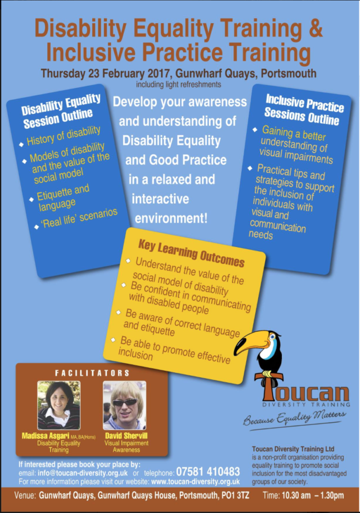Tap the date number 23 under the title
94,73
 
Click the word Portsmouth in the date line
289,73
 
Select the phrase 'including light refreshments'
178,84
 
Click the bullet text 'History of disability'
64,135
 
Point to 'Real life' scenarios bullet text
79,218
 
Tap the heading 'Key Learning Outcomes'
192,253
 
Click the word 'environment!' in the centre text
171,218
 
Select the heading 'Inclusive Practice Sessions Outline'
304,110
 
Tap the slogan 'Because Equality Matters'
294,418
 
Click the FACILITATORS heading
92,373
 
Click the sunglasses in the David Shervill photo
125,403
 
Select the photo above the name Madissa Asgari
59,405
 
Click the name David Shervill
126,436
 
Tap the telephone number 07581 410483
208,471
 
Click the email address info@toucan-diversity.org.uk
83,473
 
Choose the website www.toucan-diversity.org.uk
196,481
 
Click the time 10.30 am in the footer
296,495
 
